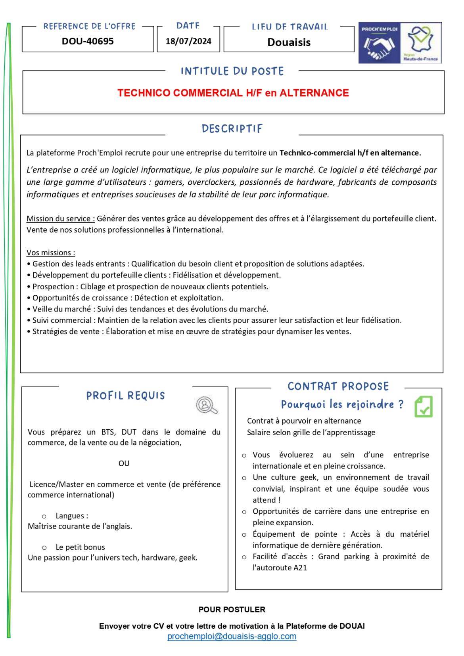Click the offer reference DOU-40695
pyautogui.click(x=88, y=41)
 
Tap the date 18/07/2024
pyautogui.click(x=188, y=41)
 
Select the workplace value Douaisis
pyautogui.click(x=289, y=42)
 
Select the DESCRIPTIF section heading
pyautogui.click(x=232, y=129)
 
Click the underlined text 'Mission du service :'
pyautogui.click(x=61, y=219)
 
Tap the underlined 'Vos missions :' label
pyautogui.click(x=51, y=253)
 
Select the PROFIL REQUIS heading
pyautogui.click(x=125, y=396)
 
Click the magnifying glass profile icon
pyautogui.click(x=207, y=405)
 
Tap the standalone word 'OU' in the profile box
pyautogui.click(x=124, y=463)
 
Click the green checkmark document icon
pyautogui.click(x=423, y=407)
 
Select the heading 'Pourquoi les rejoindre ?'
pyautogui.click(x=342, y=405)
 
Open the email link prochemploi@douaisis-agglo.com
pyautogui.click(x=232, y=637)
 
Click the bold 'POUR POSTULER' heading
pyautogui.click(x=232, y=610)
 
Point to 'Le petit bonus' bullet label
pyautogui.click(x=80, y=547)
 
